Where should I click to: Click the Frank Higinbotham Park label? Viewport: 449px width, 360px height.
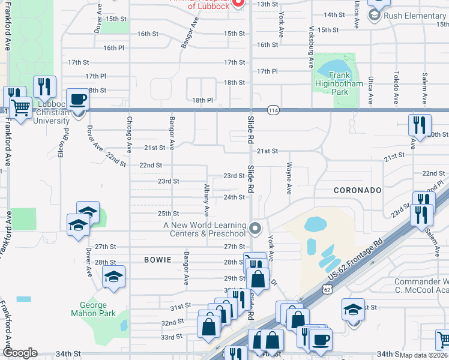(339, 84)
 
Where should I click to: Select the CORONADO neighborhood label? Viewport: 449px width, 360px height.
(358, 190)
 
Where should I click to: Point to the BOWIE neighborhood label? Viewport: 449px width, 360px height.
(158, 260)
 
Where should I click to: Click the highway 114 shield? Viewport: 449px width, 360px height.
(274, 110)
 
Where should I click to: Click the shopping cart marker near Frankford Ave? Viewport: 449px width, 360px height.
(21, 108)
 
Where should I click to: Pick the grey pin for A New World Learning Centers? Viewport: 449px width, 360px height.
(256, 228)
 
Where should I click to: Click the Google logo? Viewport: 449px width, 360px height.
(20, 353)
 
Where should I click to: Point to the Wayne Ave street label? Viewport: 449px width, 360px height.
(289, 178)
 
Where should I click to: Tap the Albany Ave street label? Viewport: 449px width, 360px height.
(206, 200)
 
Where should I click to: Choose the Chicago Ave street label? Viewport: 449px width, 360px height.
(129, 134)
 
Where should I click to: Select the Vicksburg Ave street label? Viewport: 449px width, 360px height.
(311, 46)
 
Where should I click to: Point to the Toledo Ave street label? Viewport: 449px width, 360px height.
(396, 89)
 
